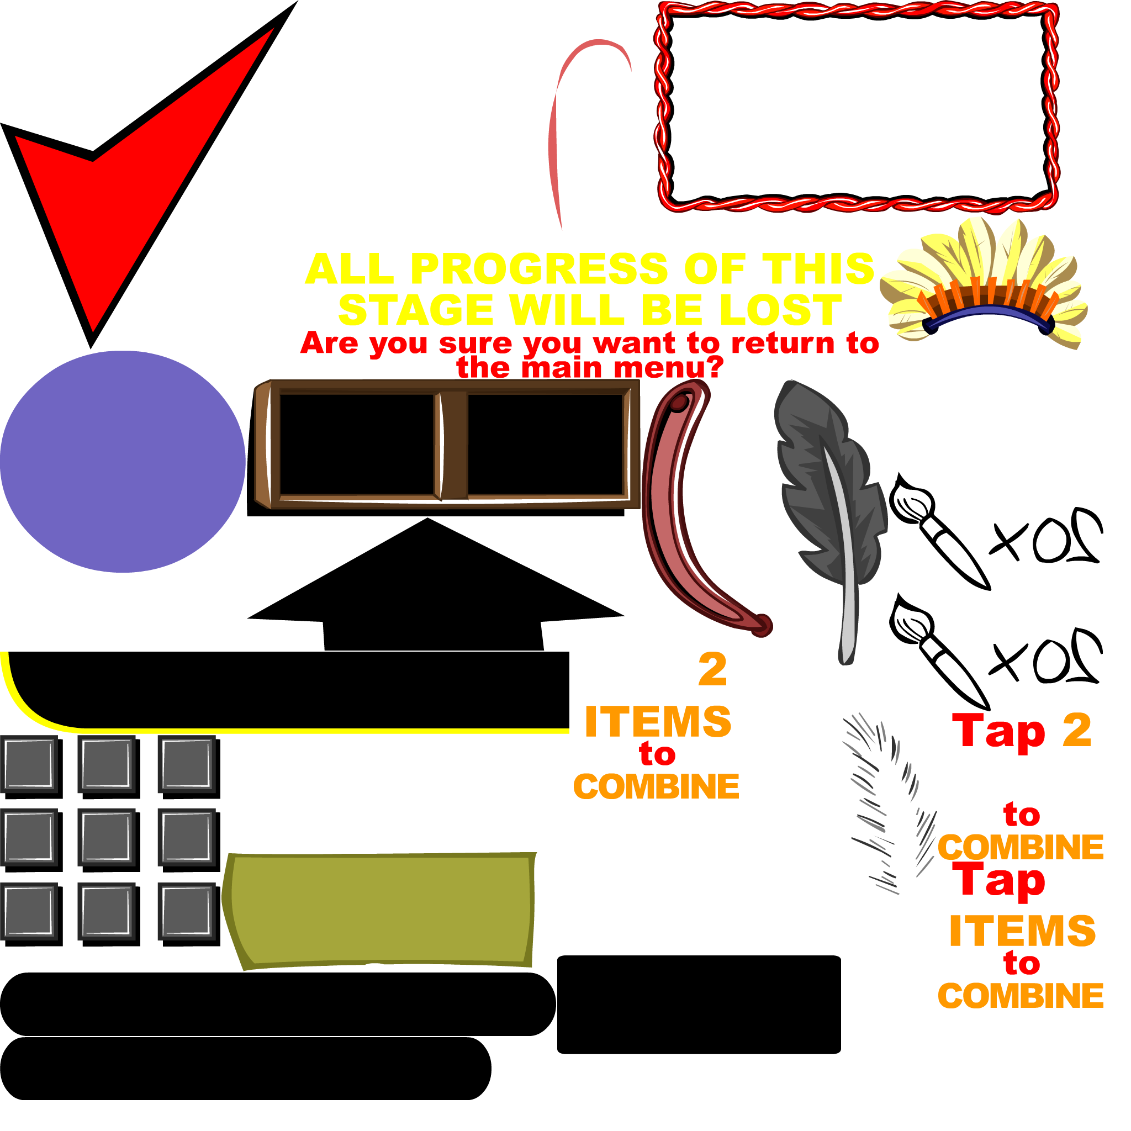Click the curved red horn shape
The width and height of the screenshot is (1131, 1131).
click(673, 527)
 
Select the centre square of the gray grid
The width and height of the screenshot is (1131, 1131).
click(107, 837)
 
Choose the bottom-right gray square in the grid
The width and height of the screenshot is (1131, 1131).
click(186, 911)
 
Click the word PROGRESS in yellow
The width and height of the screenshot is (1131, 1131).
click(538, 269)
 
